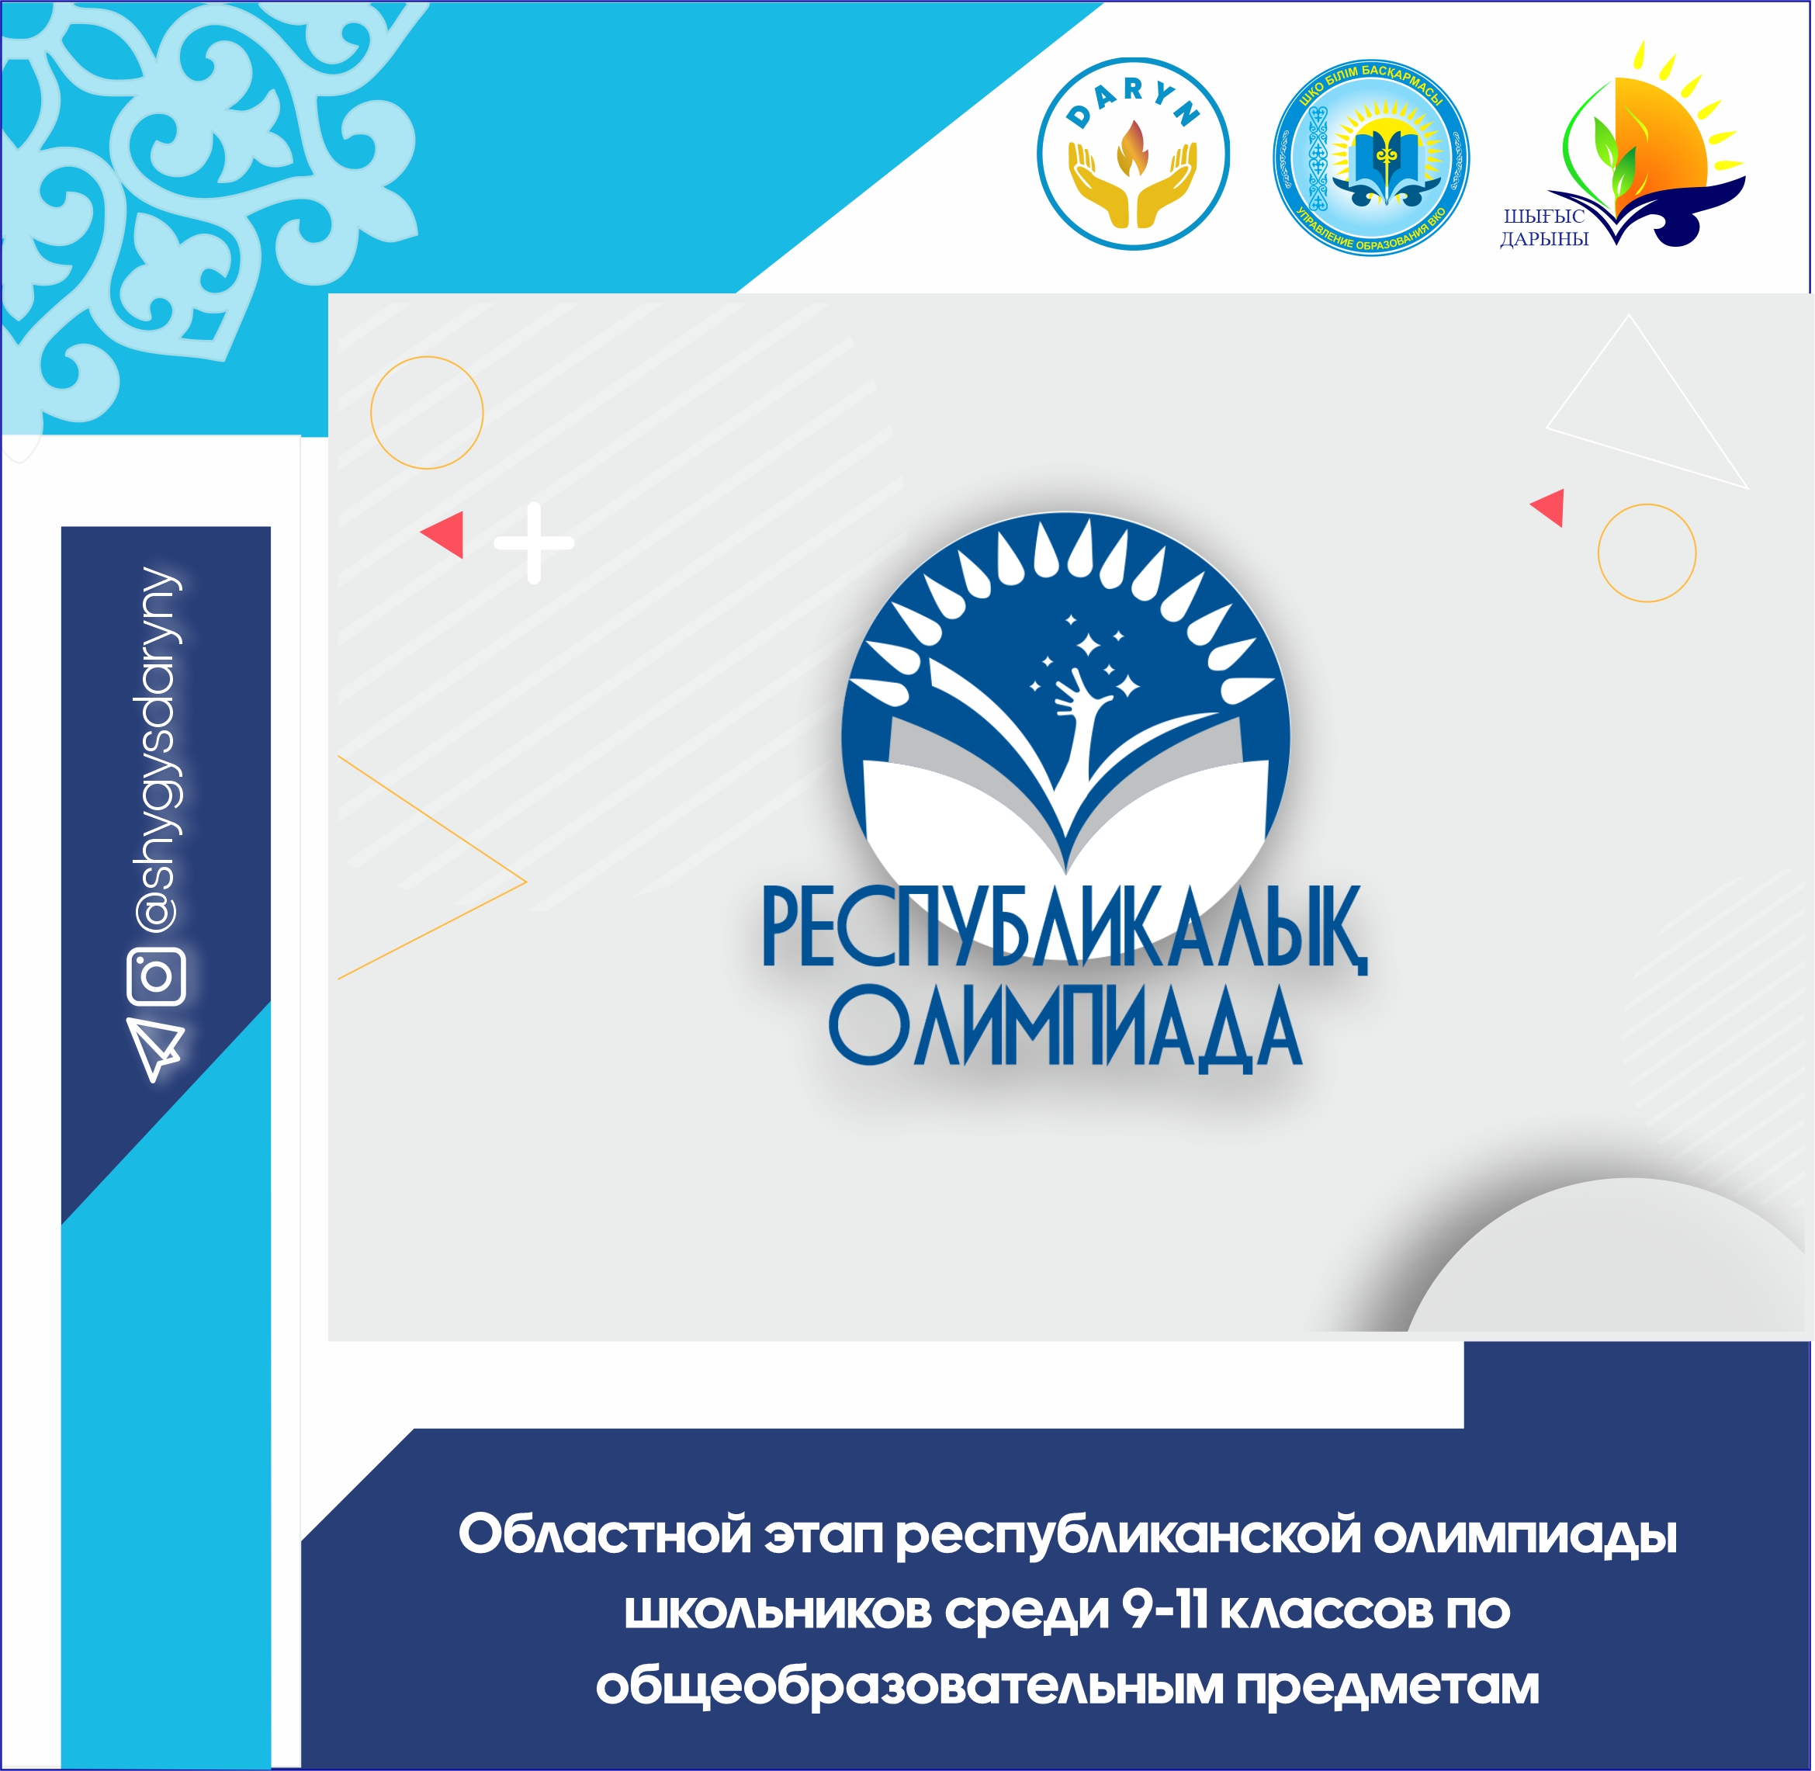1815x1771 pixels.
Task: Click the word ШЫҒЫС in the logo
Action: [1544, 217]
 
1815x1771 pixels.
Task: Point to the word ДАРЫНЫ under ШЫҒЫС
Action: [1544, 239]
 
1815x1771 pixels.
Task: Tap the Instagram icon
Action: [156, 976]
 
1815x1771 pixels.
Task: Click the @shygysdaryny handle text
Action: [156, 750]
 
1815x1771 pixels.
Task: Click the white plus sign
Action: [534, 542]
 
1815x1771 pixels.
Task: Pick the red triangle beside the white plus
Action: [445, 534]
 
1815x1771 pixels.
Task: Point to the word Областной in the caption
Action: [604, 1536]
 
